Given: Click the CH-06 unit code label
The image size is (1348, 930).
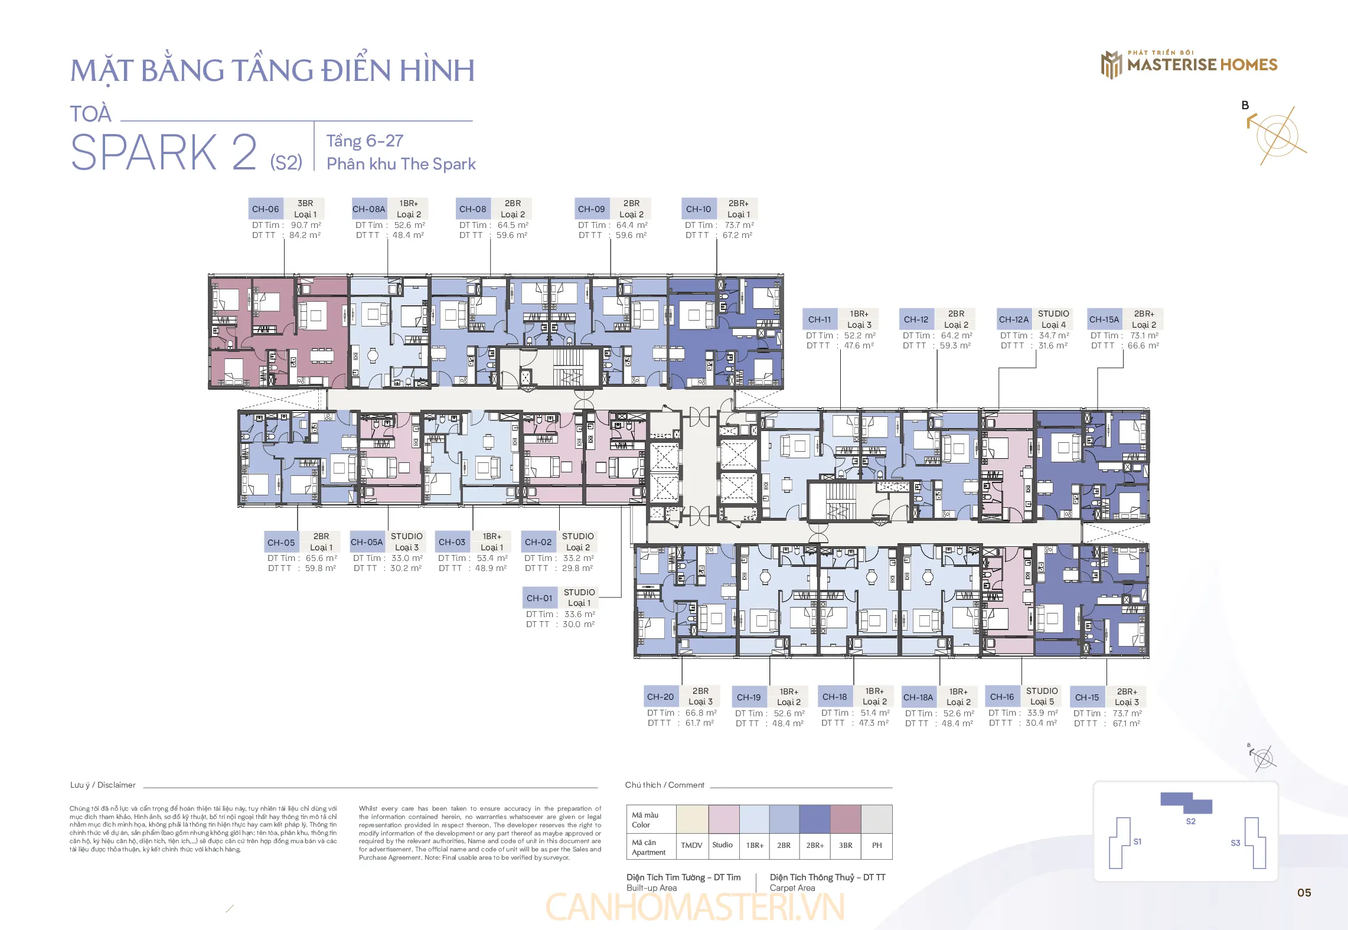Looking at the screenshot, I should pyautogui.click(x=266, y=209).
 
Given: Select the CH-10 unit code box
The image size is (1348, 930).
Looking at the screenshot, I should pyautogui.click(x=699, y=209).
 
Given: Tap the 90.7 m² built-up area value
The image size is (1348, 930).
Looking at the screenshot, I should pyautogui.click(x=306, y=225).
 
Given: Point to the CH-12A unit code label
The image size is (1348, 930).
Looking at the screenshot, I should pyautogui.click(x=1013, y=319).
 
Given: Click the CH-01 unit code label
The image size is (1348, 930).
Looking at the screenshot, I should pyautogui.click(x=540, y=598).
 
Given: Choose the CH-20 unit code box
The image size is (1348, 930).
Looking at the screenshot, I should pyautogui.click(x=660, y=697).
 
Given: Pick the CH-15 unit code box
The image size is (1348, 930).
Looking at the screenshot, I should pyautogui.click(x=1087, y=697).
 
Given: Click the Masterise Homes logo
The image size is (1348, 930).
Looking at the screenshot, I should pyautogui.click(x=1189, y=64).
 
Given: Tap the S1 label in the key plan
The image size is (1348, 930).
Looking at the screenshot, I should pyautogui.click(x=1137, y=841).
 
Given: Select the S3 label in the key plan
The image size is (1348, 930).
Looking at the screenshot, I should pyautogui.click(x=1235, y=843).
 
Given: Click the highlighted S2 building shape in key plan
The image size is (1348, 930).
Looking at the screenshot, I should pyautogui.click(x=1186, y=802).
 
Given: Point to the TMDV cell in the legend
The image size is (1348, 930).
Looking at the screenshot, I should pyautogui.click(x=691, y=846).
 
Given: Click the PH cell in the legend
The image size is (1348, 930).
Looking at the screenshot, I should pyautogui.click(x=877, y=846).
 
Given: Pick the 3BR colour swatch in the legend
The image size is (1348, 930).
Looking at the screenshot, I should pyautogui.click(x=846, y=819).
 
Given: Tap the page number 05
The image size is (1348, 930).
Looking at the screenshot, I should pyautogui.click(x=1304, y=893).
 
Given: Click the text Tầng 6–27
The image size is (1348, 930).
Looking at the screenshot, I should pyautogui.click(x=365, y=141).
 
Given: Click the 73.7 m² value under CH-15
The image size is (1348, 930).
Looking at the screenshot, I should pyautogui.click(x=1127, y=713).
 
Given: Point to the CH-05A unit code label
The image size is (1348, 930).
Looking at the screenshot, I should pyautogui.click(x=367, y=542).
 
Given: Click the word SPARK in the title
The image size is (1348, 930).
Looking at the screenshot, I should pyautogui.click(x=144, y=152).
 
